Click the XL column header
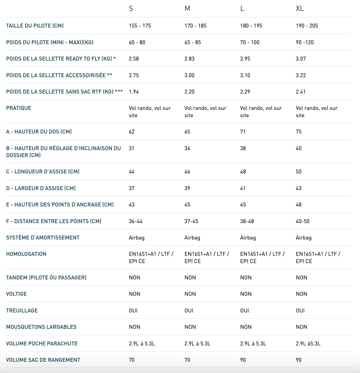pyautogui.click(x=300, y=8)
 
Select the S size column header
pyautogui.click(x=131, y=8)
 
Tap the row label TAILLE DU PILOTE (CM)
pyautogui.click(x=35, y=26)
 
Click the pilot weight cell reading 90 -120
pyautogui.click(x=305, y=42)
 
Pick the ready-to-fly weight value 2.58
pyautogui.click(x=134, y=59)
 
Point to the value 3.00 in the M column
pyautogui.click(x=189, y=75)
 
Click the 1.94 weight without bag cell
pyautogui.click(x=134, y=92)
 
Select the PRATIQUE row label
pyautogui.click(x=19, y=108)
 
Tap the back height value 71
pyautogui.click(x=243, y=132)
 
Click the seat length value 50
pyautogui.click(x=298, y=172)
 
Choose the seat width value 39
pyautogui.click(x=187, y=188)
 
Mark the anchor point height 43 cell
pyautogui.click(x=132, y=205)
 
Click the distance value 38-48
pyautogui.click(x=247, y=221)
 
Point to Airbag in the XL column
pyautogui.click(x=304, y=238)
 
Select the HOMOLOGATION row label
pyautogui.click(x=26, y=254)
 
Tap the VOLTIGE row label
pyautogui.click(x=16, y=294)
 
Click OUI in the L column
pyautogui.click(x=244, y=311)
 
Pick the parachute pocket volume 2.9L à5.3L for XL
pyautogui.click(x=308, y=344)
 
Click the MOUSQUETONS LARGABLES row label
pyautogui.click(x=41, y=327)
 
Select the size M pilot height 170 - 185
pyautogui.click(x=195, y=26)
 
